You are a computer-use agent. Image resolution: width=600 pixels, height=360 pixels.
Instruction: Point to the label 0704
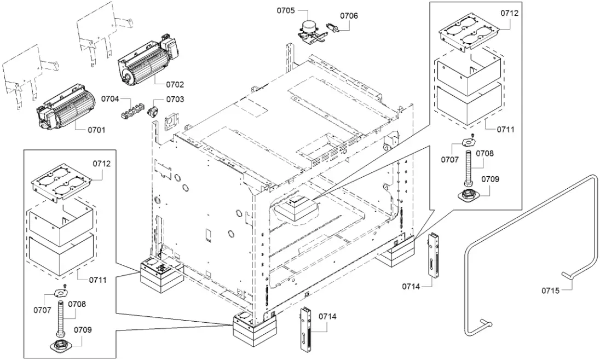pyautogui.click(x=110, y=99)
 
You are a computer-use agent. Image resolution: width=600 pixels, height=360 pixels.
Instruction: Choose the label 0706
pyautogui.click(x=349, y=16)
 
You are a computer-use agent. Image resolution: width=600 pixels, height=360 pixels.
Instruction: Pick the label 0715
pyautogui.click(x=550, y=291)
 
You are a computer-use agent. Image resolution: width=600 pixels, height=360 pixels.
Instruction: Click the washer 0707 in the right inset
pyautogui.click(x=466, y=142)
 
